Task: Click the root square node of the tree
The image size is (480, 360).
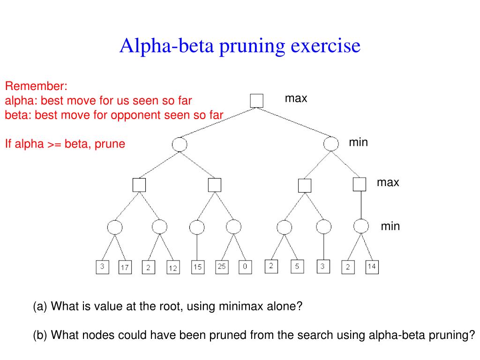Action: click(x=256, y=101)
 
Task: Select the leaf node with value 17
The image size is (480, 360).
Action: click(x=125, y=267)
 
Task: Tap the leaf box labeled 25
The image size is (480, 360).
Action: click(x=222, y=267)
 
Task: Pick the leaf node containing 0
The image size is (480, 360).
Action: click(x=245, y=267)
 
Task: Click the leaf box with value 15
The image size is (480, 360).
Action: click(x=198, y=267)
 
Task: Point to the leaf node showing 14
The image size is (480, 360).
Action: click(x=372, y=267)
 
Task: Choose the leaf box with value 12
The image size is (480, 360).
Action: click(x=173, y=267)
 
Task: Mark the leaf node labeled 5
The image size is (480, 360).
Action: click(x=297, y=266)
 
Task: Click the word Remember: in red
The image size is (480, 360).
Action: click(x=36, y=86)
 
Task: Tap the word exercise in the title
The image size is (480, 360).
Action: click(x=325, y=46)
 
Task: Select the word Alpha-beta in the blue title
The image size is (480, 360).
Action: click(x=166, y=46)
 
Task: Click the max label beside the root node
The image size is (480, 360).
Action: click(x=296, y=98)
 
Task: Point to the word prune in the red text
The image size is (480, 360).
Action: click(x=110, y=144)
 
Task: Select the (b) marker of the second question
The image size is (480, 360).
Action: click(x=40, y=335)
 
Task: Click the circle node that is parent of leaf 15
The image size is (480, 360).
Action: click(x=197, y=227)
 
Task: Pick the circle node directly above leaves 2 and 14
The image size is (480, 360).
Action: click(x=361, y=226)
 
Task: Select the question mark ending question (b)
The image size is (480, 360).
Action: click(x=472, y=335)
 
